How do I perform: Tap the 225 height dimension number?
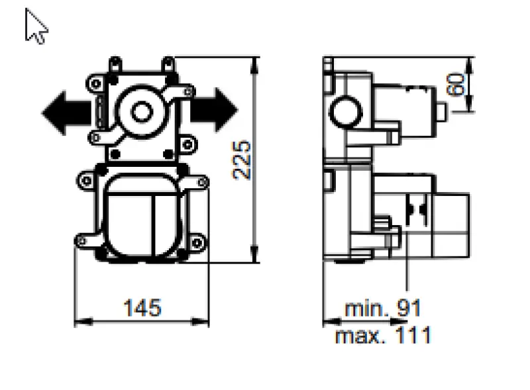coord(243,160)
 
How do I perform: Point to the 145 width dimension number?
coord(142,307)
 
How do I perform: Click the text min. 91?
coord(383,308)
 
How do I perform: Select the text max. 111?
coord(383,335)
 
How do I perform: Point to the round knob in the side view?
coord(344,109)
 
